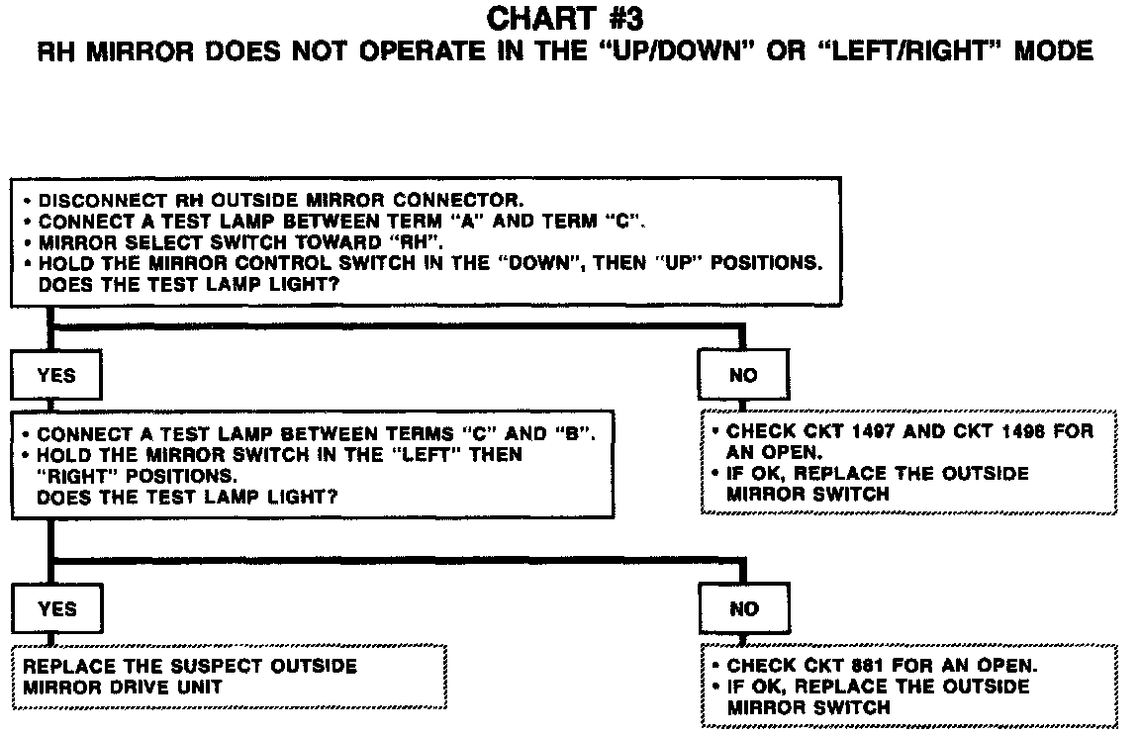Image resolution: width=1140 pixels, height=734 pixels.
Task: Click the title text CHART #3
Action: [565, 18]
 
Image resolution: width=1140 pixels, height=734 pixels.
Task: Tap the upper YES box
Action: [55, 375]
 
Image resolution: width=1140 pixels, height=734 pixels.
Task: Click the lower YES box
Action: [55, 608]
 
